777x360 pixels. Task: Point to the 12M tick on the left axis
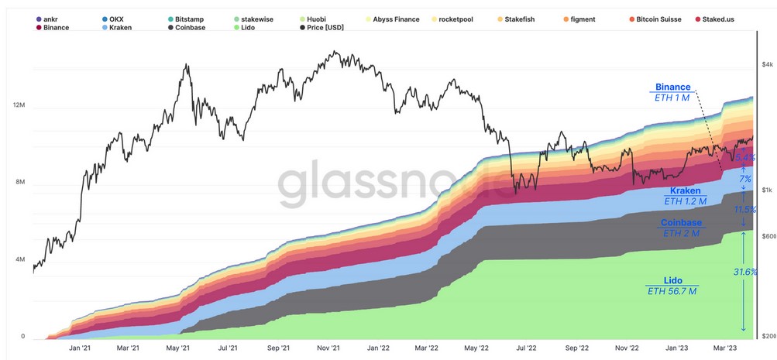pos(18,105)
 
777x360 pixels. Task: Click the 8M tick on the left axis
pos(18,183)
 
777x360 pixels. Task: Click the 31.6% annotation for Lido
pos(745,272)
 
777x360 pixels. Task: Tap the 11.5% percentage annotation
pos(745,210)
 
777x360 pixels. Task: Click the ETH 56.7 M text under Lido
pos(672,291)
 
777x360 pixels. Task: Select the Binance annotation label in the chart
pos(672,87)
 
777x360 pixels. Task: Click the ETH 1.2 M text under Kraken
pos(686,201)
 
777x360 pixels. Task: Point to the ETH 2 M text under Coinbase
pos(681,232)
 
